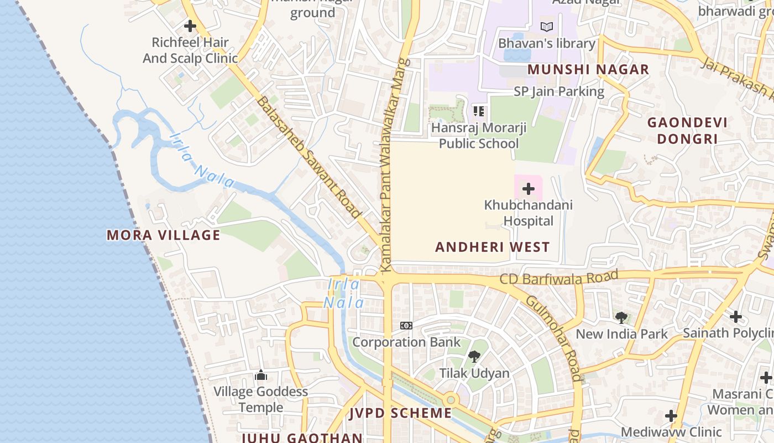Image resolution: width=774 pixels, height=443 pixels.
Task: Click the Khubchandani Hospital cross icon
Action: [x=529, y=189]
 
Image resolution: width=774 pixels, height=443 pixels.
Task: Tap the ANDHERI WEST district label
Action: [x=492, y=247]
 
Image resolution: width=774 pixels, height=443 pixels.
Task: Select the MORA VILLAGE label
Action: [x=164, y=235]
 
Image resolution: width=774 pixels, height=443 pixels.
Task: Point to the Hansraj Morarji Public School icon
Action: [x=479, y=111]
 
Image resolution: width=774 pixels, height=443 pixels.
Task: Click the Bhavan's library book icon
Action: [x=546, y=27]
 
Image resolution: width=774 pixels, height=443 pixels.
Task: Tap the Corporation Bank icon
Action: [x=406, y=326]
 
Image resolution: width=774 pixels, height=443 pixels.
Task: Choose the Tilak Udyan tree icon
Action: [x=474, y=356]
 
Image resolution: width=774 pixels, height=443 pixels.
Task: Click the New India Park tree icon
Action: [x=621, y=318]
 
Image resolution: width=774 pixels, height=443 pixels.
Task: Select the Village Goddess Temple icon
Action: [x=261, y=375]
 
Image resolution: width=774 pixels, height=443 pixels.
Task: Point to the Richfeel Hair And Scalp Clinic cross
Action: [x=190, y=26]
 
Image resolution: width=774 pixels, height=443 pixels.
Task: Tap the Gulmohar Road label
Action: [x=553, y=338]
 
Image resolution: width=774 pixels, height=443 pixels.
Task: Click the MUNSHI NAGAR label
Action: [x=588, y=69]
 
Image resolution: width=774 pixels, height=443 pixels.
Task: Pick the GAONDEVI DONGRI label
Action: [x=687, y=130]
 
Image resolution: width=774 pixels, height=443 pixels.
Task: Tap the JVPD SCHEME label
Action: [x=401, y=413]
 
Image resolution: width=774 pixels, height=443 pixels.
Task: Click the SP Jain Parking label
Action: [x=559, y=91]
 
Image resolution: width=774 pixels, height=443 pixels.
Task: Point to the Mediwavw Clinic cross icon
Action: [x=671, y=416]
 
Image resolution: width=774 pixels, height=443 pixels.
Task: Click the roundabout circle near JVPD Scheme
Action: [x=451, y=399]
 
